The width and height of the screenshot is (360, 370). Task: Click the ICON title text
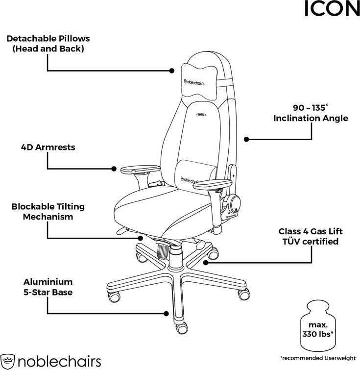tap(332, 8)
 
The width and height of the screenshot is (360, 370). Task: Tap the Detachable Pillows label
tap(48, 44)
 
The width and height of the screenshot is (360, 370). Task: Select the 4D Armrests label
tap(48, 147)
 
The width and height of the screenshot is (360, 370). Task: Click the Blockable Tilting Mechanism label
tap(48, 211)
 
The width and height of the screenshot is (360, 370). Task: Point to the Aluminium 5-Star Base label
tap(48, 287)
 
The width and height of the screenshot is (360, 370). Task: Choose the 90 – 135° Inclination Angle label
tap(311, 113)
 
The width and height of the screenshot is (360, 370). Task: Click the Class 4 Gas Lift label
tap(311, 236)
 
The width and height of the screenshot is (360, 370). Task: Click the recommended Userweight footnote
tap(318, 358)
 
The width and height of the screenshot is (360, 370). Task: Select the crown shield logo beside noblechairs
tap(7, 361)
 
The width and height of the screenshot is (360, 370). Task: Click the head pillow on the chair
tap(199, 82)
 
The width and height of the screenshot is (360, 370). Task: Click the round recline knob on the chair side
tap(235, 204)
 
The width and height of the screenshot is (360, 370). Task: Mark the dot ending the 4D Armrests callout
tap(114, 169)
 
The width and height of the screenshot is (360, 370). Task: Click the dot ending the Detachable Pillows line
tap(172, 71)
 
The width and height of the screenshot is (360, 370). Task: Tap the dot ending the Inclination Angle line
tap(246, 139)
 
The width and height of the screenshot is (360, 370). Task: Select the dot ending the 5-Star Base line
tap(166, 314)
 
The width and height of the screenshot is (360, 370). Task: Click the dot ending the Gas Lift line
tap(206, 262)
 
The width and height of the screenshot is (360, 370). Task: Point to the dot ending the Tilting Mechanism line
tap(141, 238)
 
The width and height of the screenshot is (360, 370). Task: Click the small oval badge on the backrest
tap(201, 115)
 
